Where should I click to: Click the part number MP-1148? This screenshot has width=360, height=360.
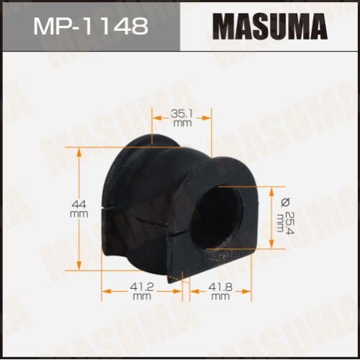point(91,26)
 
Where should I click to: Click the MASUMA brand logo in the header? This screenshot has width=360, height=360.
point(270,27)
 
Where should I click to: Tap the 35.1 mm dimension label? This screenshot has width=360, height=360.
point(181,118)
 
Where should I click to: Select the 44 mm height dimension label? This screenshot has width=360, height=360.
point(79,209)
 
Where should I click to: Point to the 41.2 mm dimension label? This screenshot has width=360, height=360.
point(142,291)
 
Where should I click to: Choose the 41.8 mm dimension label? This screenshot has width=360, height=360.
point(220,291)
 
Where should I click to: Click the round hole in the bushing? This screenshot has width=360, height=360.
point(217,217)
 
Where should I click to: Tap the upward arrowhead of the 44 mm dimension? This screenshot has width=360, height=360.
point(79,153)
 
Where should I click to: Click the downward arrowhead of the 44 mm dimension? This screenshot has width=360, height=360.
point(79,265)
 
